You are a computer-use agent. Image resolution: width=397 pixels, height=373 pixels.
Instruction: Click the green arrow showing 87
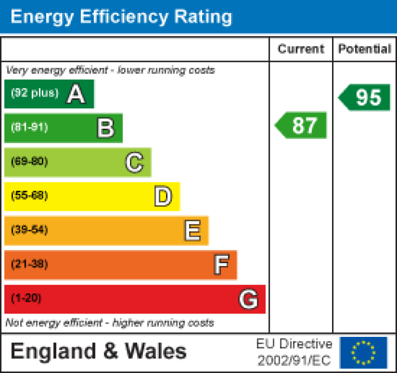[302, 126]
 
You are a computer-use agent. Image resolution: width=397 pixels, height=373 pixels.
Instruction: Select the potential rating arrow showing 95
[366, 97]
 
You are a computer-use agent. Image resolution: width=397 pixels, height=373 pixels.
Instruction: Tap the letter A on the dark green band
[76, 94]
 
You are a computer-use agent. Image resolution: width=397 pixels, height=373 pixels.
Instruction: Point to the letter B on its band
[105, 128]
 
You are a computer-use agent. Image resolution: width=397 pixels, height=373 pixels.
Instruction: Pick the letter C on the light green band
[134, 163]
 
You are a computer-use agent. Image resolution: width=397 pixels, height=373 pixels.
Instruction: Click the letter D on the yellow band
[163, 196]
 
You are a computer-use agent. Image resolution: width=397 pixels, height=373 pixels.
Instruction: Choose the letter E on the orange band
[192, 231]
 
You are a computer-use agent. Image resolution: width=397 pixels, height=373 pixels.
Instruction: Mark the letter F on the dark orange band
[221, 265]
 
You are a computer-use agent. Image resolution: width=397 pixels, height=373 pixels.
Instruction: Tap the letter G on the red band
[249, 299]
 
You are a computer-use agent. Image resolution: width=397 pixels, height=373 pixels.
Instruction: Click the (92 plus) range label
[35, 94]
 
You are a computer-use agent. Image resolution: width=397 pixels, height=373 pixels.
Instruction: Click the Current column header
[301, 49]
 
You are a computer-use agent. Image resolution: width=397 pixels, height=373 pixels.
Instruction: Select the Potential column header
[365, 49]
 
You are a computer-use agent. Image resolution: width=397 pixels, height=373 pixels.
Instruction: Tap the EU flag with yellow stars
[363, 352]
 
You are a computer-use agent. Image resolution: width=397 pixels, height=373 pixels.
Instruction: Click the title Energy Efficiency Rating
[121, 17]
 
